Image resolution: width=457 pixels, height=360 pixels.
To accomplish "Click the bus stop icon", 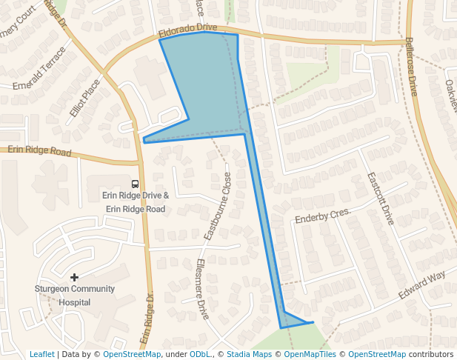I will [134, 184].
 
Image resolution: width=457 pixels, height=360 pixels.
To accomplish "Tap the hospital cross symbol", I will [74, 277].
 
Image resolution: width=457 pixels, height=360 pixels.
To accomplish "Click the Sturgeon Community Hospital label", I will [74, 295].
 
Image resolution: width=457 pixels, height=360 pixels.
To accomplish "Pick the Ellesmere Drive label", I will [201, 288].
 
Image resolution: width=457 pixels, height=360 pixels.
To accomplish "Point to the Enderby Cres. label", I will [322, 216].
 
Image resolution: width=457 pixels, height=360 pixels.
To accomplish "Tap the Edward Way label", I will [421, 285].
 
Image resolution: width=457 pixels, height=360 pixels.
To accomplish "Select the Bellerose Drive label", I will [412, 67].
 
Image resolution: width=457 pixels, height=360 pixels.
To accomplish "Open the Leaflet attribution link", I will [42, 354].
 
